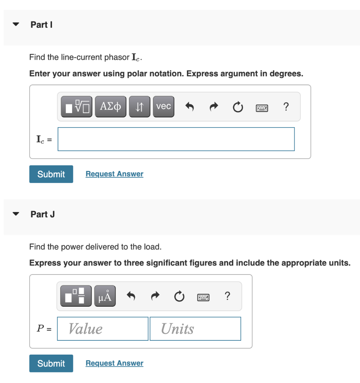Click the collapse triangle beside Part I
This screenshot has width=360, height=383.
(16, 25)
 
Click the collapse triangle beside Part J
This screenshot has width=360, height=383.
(16, 214)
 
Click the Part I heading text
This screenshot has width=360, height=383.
(41, 25)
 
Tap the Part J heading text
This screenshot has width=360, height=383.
(43, 214)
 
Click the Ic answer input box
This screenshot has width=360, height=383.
(176, 139)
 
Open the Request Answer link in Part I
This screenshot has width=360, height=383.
(114, 174)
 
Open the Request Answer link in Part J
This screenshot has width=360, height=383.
(114, 363)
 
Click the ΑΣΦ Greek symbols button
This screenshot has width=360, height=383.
(111, 107)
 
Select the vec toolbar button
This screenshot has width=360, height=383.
(163, 107)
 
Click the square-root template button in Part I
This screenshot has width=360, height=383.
(77, 107)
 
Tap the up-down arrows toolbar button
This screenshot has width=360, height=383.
(140, 107)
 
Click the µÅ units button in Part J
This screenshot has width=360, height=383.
(105, 297)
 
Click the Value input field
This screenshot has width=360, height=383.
(103, 329)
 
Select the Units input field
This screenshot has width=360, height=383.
(195, 329)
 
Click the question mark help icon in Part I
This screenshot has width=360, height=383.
(286, 107)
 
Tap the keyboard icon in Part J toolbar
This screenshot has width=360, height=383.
(203, 297)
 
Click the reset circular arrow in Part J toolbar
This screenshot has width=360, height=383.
(179, 297)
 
